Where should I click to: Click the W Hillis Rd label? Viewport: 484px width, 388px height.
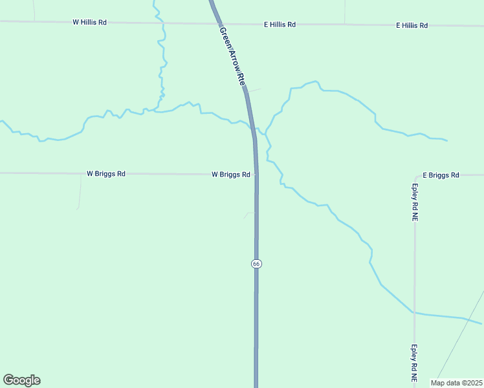point(89,22)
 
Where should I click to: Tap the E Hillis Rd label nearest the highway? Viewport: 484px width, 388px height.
point(280,25)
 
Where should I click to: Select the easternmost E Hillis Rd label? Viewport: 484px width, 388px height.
point(412,25)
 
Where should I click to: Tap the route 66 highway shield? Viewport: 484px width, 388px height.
point(256,264)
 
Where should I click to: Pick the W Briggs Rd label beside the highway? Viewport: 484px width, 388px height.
point(231,175)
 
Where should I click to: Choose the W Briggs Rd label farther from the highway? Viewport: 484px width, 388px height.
point(106,174)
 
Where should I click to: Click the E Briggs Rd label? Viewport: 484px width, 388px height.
point(441,175)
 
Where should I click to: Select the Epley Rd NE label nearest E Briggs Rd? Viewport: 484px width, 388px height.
point(414,202)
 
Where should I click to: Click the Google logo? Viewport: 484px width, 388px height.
point(21,380)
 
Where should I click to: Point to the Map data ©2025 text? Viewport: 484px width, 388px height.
point(457,383)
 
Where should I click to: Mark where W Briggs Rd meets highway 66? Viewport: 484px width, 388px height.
point(256,174)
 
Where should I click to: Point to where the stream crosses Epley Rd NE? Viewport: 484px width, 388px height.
point(414,312)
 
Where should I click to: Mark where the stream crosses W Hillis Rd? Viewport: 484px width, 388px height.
point(163,23)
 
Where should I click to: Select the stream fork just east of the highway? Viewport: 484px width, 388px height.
point(266,133)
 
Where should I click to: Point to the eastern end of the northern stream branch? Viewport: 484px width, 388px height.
point(446,140)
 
